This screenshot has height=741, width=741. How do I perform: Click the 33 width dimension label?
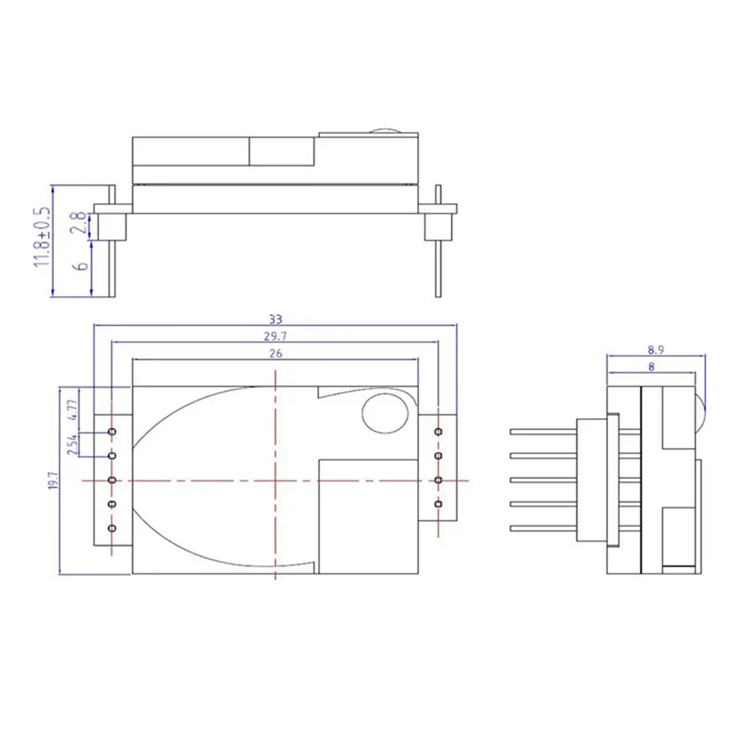tap(275, 319)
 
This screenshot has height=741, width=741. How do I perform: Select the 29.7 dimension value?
tap(275, 337)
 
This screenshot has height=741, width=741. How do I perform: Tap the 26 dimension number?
tap(275, 353)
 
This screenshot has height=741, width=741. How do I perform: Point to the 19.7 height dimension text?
tap(54, 480)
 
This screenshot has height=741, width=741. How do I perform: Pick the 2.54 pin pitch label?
tap(73, 444)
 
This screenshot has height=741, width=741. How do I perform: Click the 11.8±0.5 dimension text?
tap(42, 237)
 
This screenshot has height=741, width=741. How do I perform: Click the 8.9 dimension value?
tap(656, 350)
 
